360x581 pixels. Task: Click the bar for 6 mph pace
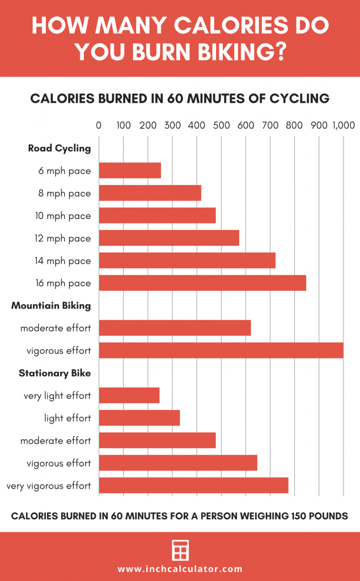130,171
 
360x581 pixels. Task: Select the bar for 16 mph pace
202,283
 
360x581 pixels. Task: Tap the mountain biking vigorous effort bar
221,350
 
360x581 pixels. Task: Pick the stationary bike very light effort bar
129,395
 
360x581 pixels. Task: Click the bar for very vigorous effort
193,485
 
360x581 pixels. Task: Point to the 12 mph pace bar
169,238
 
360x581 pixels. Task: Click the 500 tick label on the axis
221,125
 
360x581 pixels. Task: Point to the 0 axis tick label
99,125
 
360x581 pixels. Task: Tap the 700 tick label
270,125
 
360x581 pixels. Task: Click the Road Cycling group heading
60,149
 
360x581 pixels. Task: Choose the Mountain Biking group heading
51,306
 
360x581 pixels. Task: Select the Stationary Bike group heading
54,373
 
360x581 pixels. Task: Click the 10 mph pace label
64,216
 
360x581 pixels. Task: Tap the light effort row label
67,418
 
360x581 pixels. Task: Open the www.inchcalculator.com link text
180,569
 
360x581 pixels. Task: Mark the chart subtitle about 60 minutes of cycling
180,98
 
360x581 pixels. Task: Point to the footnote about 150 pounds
180,516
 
